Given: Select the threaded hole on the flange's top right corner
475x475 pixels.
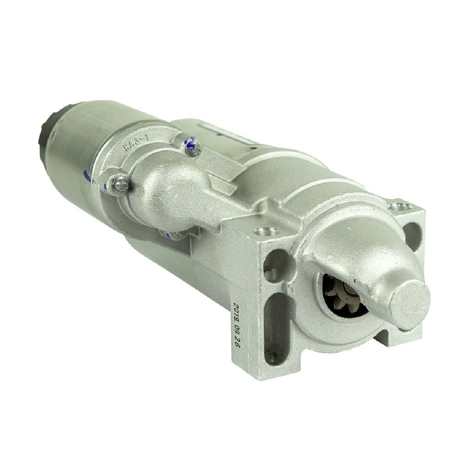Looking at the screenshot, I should tap(393, 207).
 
